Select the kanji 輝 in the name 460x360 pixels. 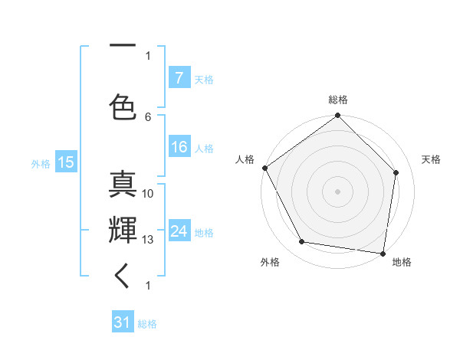123,230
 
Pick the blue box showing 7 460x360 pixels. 179,78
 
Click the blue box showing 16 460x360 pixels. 179,148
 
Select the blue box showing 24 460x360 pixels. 179,231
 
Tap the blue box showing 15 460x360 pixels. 65,162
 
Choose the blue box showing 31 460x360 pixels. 123,322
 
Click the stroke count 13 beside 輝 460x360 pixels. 149,240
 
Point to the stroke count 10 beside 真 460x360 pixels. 149,194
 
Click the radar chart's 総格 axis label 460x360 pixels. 338,100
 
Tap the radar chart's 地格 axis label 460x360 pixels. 402,262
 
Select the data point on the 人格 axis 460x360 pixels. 264,168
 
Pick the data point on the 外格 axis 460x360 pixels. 302,242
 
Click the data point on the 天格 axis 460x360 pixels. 396,172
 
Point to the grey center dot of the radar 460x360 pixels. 338,191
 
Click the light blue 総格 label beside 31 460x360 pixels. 147,324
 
